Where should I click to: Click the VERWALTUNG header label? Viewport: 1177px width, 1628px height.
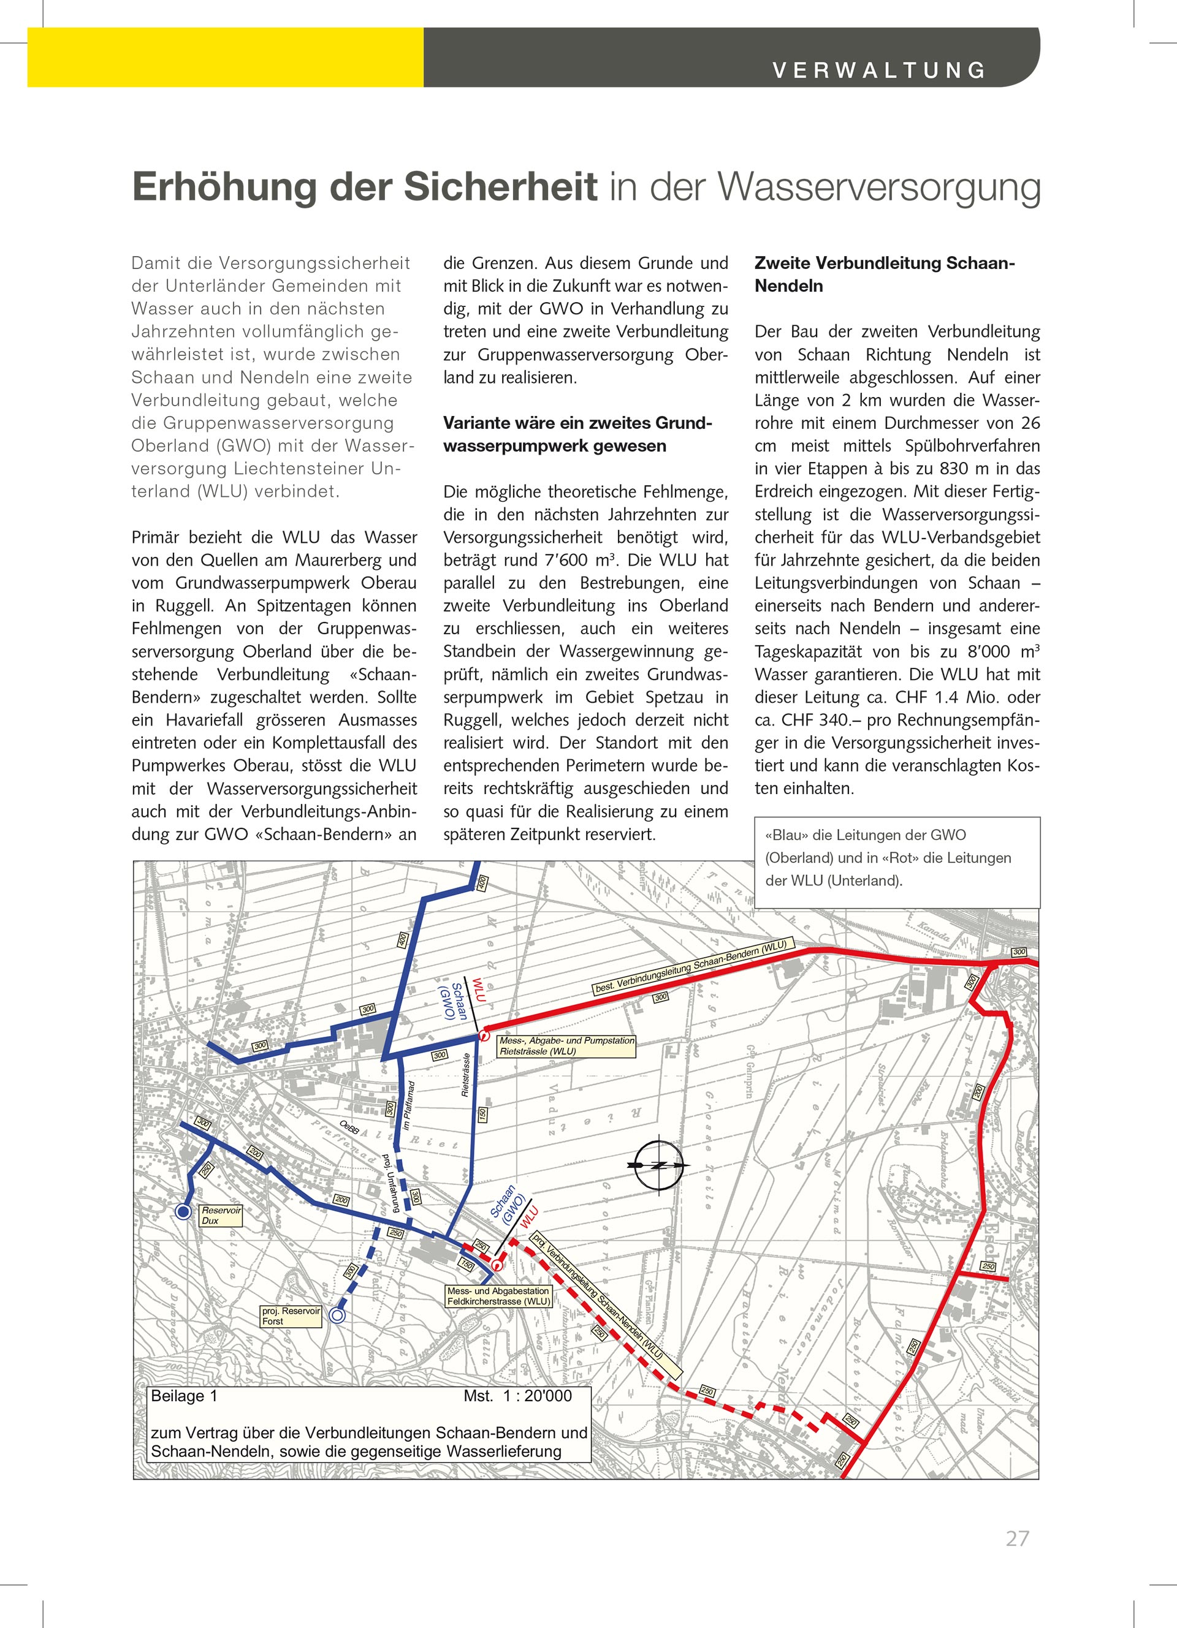(879, 70)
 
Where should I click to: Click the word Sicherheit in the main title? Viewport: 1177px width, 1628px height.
(500, 187)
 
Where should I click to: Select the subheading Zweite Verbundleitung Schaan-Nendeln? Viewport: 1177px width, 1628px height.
(884, 274)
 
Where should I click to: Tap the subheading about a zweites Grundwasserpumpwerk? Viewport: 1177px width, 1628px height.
(577, 434)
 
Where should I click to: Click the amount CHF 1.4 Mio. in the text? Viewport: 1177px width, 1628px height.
(937, 697)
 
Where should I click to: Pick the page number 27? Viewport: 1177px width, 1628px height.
(1017, 1539)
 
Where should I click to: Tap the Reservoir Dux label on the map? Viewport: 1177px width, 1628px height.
(221, 1215)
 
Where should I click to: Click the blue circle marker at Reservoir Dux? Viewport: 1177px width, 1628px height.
(184, 1213)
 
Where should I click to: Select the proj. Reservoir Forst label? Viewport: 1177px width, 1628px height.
(290, 1316)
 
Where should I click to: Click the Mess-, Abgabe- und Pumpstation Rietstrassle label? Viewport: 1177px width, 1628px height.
(566, 1046)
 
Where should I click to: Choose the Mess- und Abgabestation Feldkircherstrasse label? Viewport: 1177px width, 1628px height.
(498, 1296)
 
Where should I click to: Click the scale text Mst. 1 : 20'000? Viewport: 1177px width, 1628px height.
(517, 1396)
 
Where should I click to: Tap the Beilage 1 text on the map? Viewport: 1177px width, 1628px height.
(184, 1396)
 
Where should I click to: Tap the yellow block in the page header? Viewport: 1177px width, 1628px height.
(225, 58)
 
